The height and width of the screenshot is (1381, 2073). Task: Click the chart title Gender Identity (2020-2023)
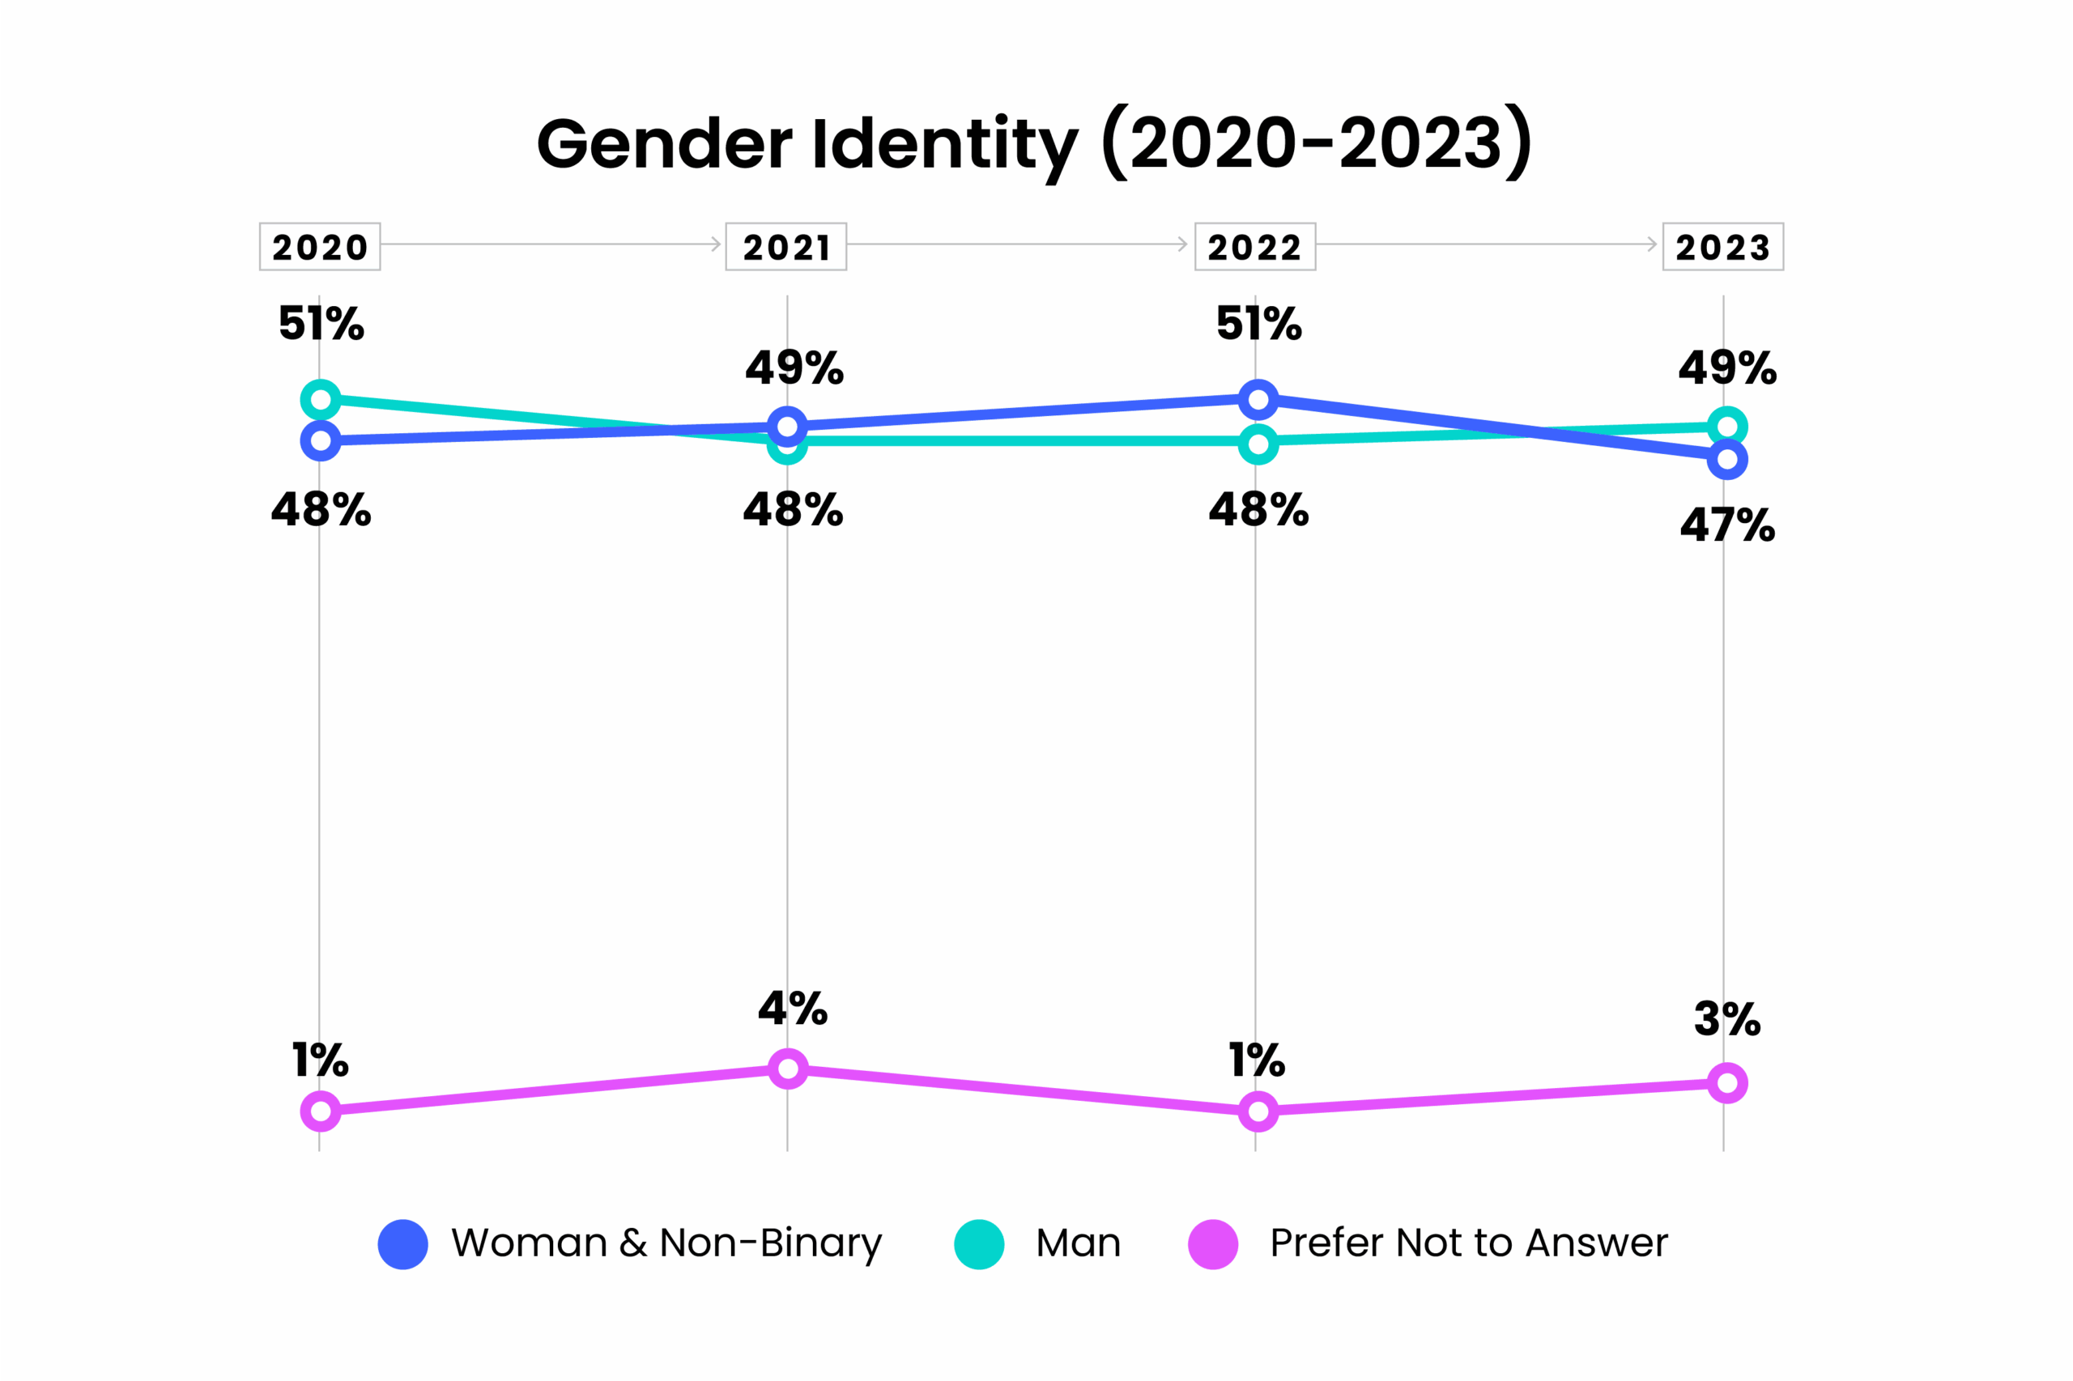coord(1033,143)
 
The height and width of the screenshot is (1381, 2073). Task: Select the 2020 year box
coord(319,247)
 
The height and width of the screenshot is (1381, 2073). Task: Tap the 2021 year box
coord(785,247)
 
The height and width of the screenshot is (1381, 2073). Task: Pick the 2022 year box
coord(1254,247)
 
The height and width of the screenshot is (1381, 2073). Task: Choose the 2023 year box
coord(1722,247)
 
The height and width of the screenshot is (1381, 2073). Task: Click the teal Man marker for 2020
coord(321,400)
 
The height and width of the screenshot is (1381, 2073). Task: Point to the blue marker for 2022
coord(1258,400)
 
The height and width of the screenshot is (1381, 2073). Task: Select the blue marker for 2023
coord(1726,459)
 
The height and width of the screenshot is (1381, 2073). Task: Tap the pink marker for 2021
coord(788,1069)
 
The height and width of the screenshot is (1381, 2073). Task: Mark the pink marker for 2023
coord(1726,1082)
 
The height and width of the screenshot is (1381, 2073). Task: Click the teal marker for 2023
coord(1726,427)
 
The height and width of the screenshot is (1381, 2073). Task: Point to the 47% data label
coord(1726,526)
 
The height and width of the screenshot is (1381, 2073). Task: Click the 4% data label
coord(792,1009)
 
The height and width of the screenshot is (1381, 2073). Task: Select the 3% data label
coord(1726,1019)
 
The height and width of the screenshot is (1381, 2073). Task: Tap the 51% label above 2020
coord(321,323)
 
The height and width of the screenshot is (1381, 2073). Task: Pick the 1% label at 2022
coord(1256,1060)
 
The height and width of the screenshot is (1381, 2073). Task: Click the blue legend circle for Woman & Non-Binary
coord(402,1244)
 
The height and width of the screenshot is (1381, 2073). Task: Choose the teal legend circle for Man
coord(979,1244)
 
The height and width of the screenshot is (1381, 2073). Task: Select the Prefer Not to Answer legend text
coord(1469,1243)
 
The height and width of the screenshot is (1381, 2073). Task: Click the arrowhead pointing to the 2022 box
coord(1182,244)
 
